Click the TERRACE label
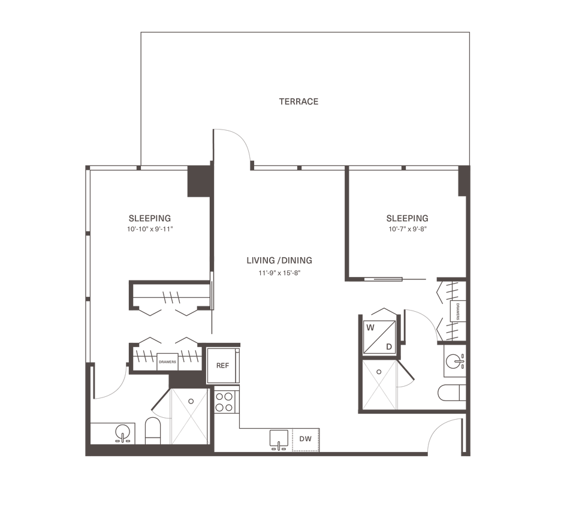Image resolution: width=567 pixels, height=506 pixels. (x=298, y=102)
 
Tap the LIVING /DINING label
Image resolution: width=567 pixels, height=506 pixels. (x=279, y=260)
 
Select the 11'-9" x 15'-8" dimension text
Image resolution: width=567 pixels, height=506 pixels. (x=279, y=273)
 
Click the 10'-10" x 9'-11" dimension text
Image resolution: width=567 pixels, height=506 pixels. (x=150, y=229)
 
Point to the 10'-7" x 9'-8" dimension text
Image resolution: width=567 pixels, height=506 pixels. (x=408, y=229)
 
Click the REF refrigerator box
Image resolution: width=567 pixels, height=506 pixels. (x=223, y=366)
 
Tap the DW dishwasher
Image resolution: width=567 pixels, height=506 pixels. (x=306, y=439)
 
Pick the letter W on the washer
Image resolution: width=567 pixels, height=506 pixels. (x=370, y=328)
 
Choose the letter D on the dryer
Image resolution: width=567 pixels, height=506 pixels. (x=389, y=347)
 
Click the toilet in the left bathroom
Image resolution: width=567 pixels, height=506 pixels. (x=153, y=431)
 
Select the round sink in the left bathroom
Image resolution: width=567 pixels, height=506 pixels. (x=123, y=432)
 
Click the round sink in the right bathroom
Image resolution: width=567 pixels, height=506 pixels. (x=454, y=361)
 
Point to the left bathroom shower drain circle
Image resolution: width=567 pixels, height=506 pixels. (x=191, y=401)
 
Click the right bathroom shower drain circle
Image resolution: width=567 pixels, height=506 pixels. (x=379, y=372)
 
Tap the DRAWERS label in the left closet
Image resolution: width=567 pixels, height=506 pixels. (x=167, y=362)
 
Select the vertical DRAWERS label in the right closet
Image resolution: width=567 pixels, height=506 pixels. (x=458, y=311)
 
